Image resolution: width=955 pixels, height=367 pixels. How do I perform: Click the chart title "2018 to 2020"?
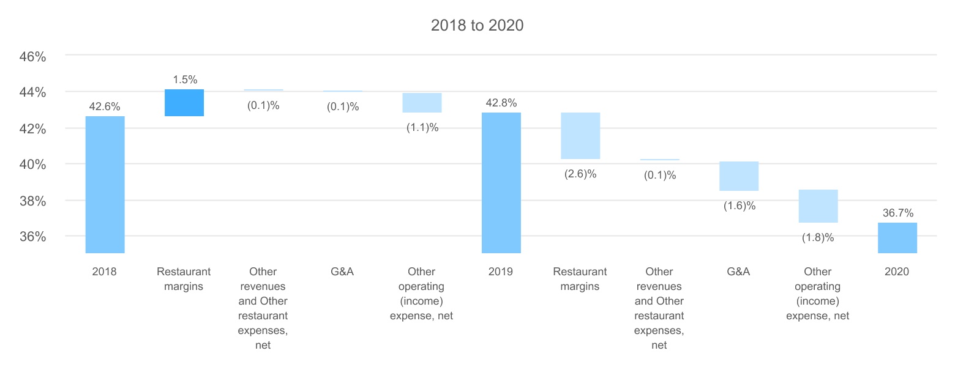pos(477,26)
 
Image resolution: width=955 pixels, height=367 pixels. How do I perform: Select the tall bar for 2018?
pos(105,184)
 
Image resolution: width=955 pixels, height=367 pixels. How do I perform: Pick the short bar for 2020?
pos(897,237)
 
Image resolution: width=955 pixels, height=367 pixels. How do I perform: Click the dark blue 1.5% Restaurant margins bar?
pos(184,103)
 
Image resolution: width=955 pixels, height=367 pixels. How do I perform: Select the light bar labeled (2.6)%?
pos(580,136)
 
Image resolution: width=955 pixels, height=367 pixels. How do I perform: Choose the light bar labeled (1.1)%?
pos(422,103)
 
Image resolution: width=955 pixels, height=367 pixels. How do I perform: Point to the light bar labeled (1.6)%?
pos(739,176)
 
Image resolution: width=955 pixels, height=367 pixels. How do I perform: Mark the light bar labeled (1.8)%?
pos(818,206)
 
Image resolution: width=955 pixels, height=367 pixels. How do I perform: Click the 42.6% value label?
pos(105,106)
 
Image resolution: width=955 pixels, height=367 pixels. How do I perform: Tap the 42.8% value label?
pos(501,103)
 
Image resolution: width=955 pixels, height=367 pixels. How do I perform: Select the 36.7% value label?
pos(897,213)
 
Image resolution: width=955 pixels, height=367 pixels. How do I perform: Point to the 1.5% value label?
pos(184,80)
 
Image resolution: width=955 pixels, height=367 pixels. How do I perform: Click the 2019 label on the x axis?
pos(501,272)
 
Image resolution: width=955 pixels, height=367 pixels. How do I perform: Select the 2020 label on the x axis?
pos(897,272)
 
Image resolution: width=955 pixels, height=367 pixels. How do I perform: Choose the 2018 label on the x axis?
pos(105,272)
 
